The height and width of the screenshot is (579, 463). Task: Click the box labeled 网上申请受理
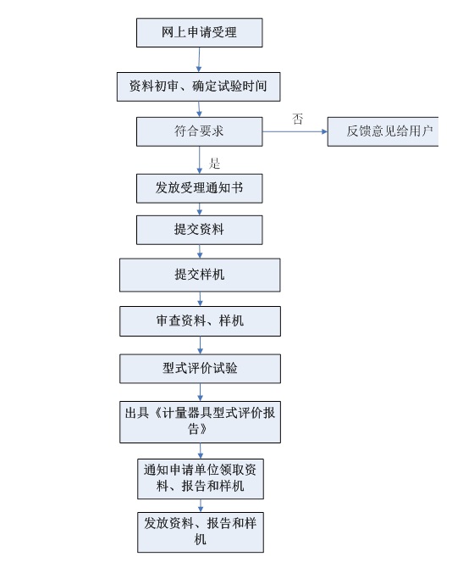pyautogui.click(x=200, y=32)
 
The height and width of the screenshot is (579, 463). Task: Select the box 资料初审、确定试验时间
pyautogui.click(x=199, y=86)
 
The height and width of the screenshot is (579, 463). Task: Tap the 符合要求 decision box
pyautogui.click(x=200, y=131)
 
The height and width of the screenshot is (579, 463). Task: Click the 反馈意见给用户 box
pyautogui.click(x=383, y=131)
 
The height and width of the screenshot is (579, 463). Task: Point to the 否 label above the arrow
pyautogui.click(x=298, y=119)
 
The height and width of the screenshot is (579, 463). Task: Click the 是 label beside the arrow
pyautogui.click(x=214, y=163)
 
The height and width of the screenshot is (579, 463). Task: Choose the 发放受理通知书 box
pyautogui.click(x=200, y=188)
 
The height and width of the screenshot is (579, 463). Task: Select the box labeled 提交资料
pyautogui.click(x=200, y=230)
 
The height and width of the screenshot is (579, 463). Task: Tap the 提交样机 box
pyautogui.click(x=200, y=275)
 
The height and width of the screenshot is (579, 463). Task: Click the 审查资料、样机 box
pyautogui.click(x=200, y=321)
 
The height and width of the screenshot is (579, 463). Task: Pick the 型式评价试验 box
pyautogui.click(x=200, y=369)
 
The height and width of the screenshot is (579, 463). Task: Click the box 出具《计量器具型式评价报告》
pyautogui.click(x=200, y=421)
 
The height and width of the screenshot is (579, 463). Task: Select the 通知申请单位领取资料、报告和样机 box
pyautogui.click(x=201, y=479)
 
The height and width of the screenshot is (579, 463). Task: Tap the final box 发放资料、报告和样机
pyautogui.click(x=201, y=532)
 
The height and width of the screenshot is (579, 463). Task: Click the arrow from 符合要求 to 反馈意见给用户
pyautogui.click(x=295, y=131)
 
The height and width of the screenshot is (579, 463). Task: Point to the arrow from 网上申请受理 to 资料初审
pyautogui.click(x=199, y=60)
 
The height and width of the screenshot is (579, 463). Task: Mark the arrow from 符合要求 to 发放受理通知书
pyautogui.click(x=200, y=160)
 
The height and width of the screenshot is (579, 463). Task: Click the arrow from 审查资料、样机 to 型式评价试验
pyautogui.click(x=200, y=345)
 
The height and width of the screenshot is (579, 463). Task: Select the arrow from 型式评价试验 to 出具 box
pyautogui.click(x=200, y=392)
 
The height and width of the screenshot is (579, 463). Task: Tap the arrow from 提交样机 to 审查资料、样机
pyautogui.click(x=200, y=298)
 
